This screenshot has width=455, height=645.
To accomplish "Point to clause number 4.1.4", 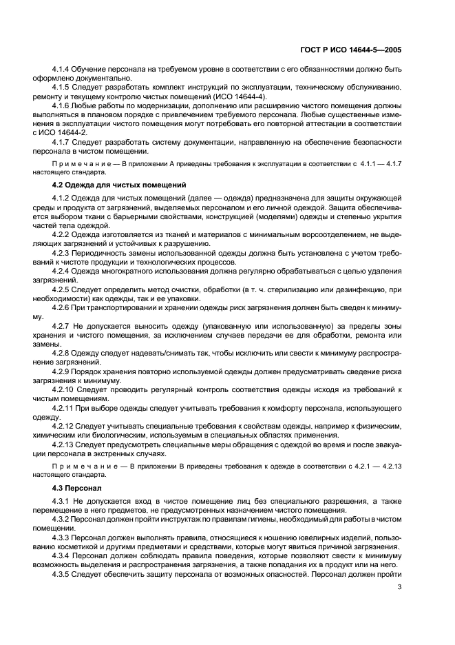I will pyautogui.click(x=62, y=70).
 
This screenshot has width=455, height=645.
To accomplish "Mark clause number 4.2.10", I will pyautogui.click(x=64, y=390).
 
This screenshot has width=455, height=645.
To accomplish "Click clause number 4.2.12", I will pyautogui.click(x=64, y=425).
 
